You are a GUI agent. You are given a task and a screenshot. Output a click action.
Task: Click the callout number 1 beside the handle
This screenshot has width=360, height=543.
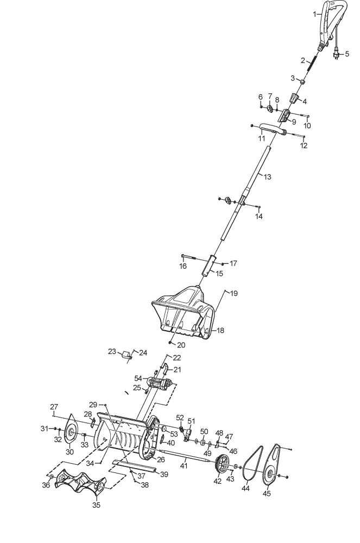(x=314, y=14)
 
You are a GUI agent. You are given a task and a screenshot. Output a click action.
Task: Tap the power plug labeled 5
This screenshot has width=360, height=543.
(x=336, y=55)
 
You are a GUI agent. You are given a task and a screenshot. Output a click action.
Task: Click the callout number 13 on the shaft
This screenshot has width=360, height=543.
(x=267, y=177)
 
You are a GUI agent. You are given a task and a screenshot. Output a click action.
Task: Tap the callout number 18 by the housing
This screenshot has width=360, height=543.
(x=220, y=330)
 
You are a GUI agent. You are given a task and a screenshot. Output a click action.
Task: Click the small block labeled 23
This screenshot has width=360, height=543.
(x=127, y=355)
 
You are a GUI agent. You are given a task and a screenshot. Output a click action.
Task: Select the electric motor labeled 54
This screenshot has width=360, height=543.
(x=160, y=384)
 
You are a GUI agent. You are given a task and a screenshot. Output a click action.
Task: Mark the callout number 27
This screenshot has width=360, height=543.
(x=54, y=407)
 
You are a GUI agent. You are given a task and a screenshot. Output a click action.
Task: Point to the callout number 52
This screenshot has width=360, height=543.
(x=180, y=417)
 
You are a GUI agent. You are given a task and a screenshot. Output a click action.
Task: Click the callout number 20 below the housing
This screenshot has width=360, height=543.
(x=181, y=345)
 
